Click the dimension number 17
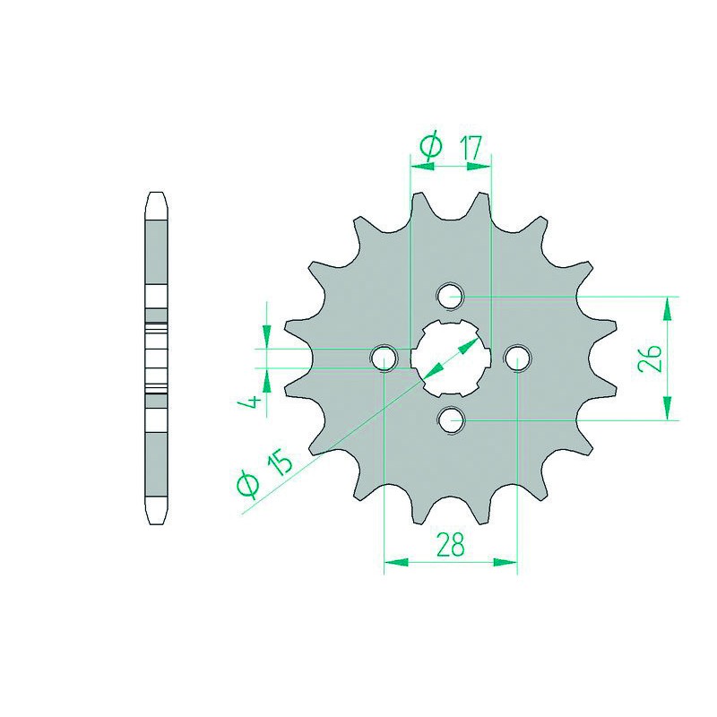[471, 148]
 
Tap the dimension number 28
[451, 544]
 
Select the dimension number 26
[652, 358]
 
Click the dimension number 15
[279, 461]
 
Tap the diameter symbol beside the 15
[247, 485]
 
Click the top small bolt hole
[451, 297]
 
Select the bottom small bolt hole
[451, 419]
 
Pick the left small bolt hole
[384, 358]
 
